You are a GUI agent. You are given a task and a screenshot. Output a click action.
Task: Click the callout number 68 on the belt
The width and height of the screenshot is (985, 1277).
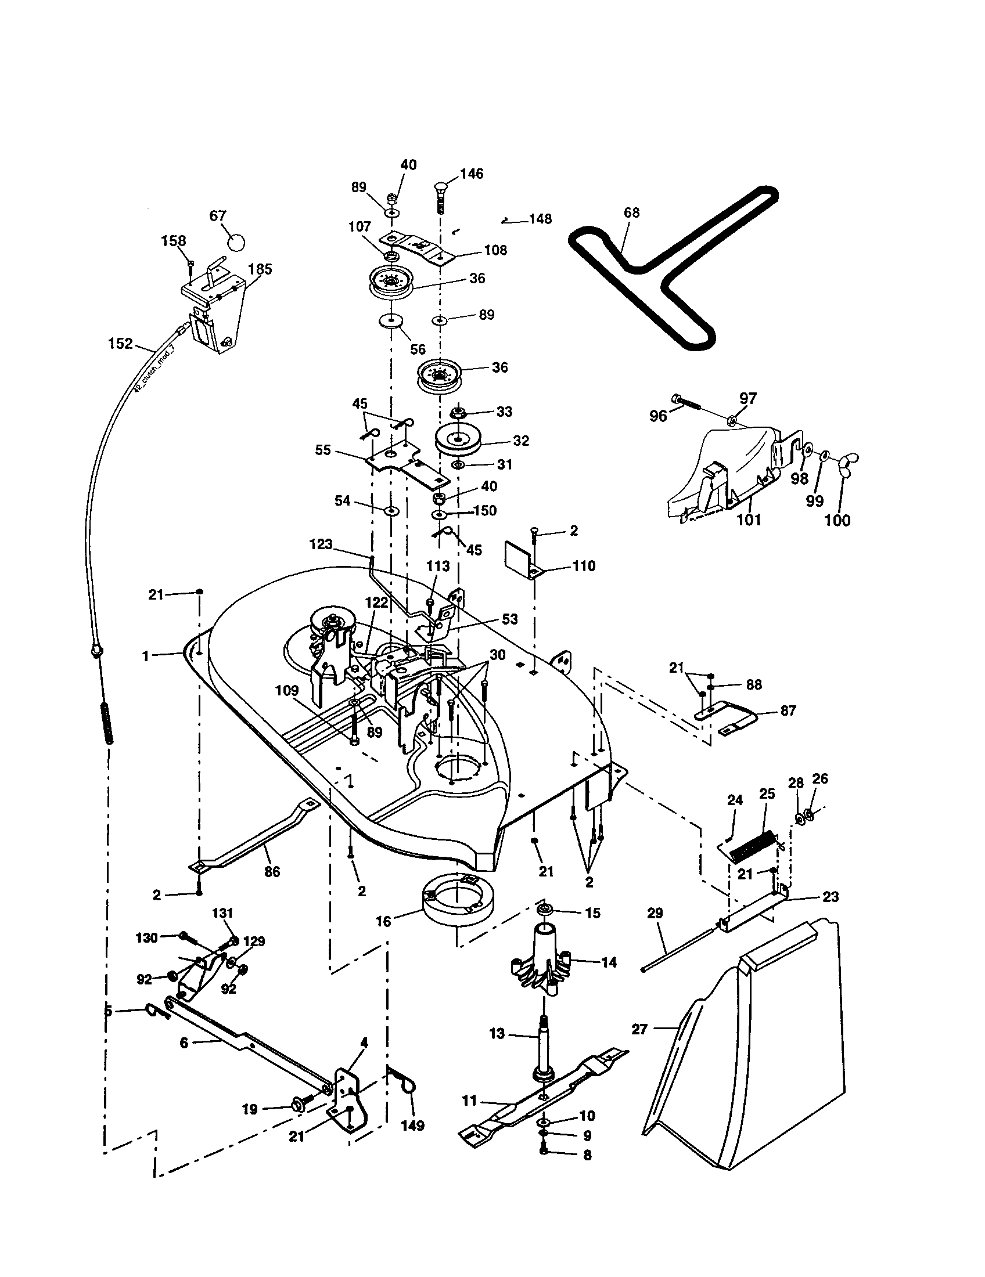632,212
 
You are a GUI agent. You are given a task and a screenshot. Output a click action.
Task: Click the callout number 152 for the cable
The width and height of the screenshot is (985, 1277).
120,343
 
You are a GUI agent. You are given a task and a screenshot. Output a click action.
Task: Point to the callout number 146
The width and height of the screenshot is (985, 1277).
472,174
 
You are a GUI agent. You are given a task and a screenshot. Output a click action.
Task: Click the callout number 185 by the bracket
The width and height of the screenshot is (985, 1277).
260,269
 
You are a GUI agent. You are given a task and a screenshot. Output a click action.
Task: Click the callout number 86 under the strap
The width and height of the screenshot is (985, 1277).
272,871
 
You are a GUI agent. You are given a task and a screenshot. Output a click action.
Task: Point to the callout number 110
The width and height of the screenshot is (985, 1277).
584,565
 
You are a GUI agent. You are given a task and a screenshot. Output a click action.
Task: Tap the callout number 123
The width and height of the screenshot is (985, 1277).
321,544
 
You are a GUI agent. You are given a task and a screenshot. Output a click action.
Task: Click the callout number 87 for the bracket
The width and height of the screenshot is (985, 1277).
788,710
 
